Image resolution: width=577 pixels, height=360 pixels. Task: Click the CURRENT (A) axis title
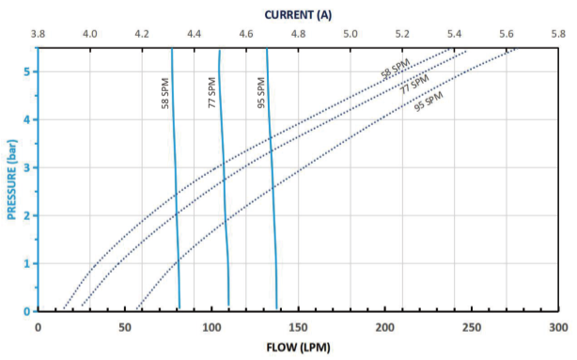pos(298,14)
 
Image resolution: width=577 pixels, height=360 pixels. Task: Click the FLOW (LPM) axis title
pos(298,347)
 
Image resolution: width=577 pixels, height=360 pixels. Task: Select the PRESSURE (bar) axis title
pos(12,180)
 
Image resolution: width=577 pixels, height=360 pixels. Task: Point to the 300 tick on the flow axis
pos(558,326)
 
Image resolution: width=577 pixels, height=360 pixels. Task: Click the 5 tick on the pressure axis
pos(28,71)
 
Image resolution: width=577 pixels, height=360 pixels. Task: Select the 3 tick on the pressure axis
pos(28,167)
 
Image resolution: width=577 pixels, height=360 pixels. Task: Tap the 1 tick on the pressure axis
pos(28,263)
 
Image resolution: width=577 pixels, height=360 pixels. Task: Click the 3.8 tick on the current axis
pos(38,34)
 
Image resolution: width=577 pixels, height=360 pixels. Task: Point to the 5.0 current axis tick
pos(350,34)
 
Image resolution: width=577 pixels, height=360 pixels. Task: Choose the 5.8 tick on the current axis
pos(558,34)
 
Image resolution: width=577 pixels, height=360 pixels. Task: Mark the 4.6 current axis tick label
pos(246,34)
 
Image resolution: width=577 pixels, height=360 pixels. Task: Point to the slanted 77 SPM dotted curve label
pos(413,85)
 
